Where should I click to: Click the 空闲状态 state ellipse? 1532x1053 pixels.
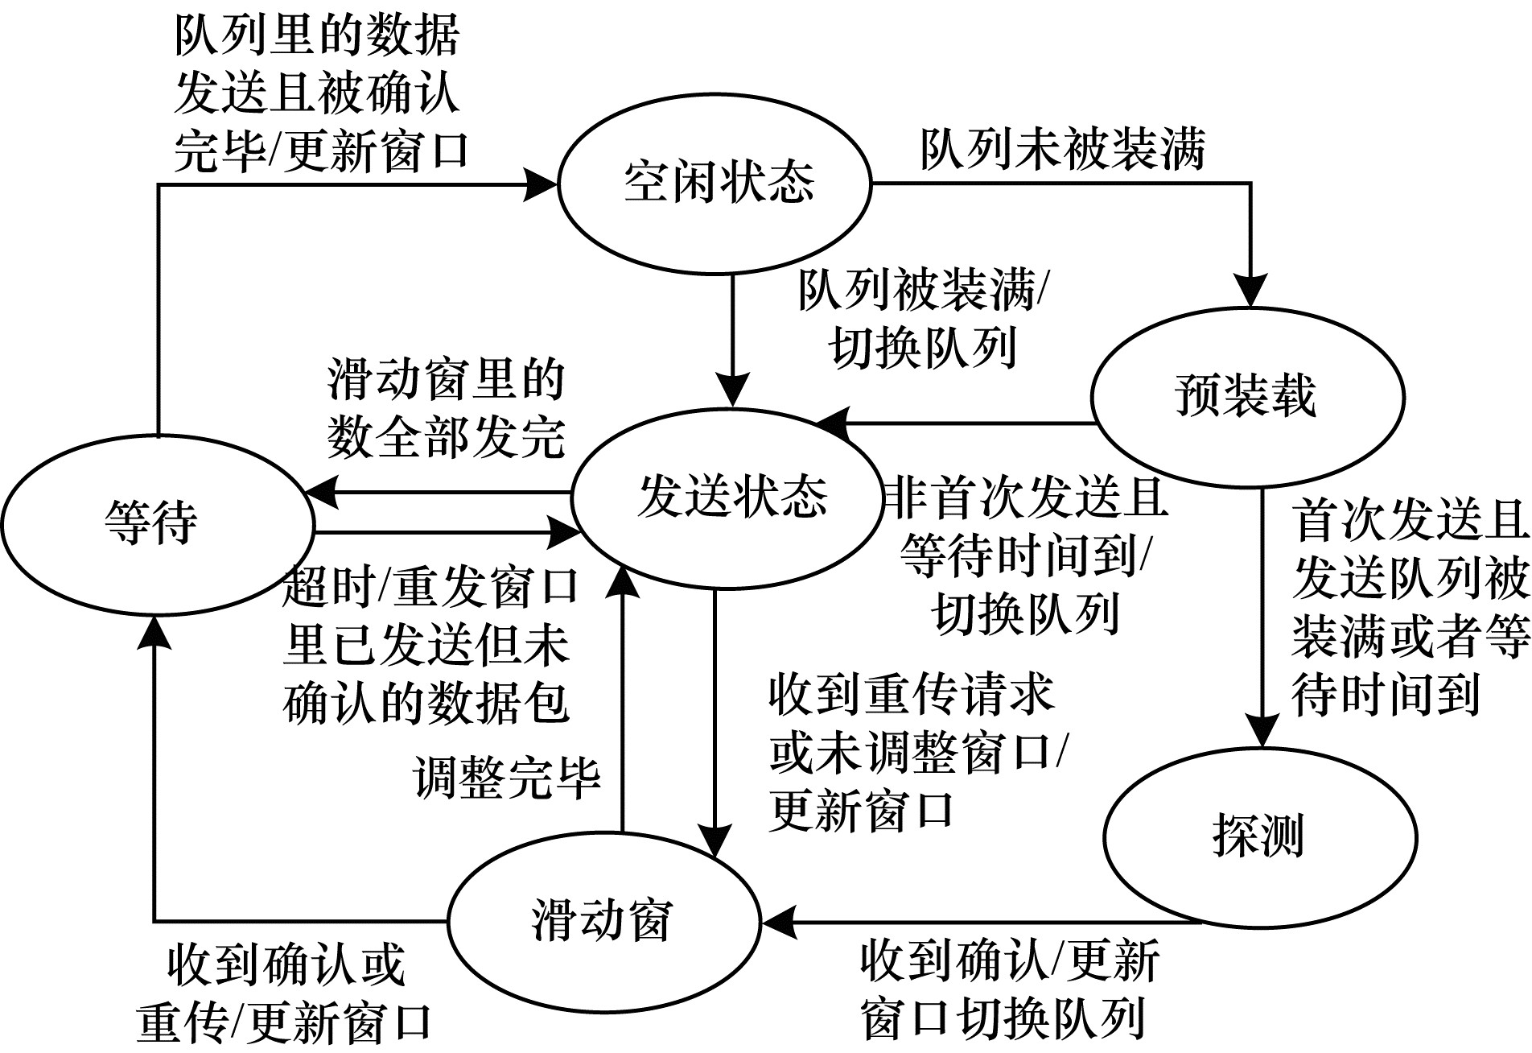(715, 183)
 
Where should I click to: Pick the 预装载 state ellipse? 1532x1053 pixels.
(1246, 397)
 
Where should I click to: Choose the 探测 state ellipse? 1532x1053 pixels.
(1259, 836)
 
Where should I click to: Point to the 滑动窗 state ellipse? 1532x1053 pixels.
(603, 920)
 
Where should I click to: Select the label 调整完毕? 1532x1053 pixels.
(507, 778)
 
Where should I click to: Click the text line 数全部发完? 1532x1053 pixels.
(447, 437)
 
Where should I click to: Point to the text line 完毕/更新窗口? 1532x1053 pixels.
(321, 151)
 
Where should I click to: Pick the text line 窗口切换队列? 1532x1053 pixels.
(1003, 1019)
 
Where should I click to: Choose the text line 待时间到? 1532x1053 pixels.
(1386, 694)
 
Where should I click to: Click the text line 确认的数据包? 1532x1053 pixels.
(426, 704)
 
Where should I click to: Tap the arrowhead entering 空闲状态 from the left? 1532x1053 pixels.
(541, 184)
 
